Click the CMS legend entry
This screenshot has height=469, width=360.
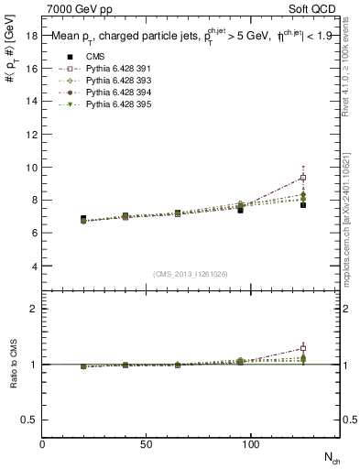click(82, 57)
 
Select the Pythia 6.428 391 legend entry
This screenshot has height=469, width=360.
click(101, 69)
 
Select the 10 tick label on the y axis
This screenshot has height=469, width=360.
click(32, 168)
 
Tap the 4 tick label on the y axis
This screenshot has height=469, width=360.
click(35, 267)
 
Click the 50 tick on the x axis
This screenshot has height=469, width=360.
click(142, 443)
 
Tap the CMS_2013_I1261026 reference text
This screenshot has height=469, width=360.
click(190, 274)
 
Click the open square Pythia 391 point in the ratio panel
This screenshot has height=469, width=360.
click(302, 348)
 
